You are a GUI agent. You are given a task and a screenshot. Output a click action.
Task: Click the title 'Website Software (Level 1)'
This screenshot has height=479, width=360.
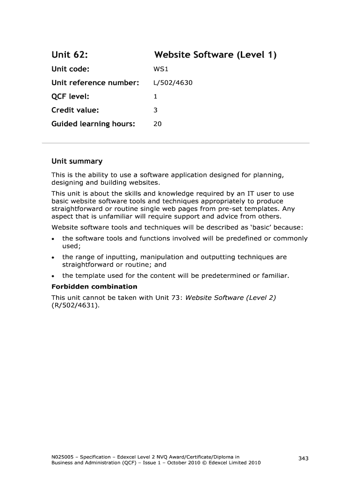tap(215, 55)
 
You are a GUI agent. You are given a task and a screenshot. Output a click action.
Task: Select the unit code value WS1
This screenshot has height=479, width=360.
tap(160, 70)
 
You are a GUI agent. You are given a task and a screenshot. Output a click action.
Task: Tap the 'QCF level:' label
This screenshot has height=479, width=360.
tap(70, 97)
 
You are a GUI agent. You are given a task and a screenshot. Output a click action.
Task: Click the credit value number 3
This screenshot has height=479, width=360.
tap(156, 110)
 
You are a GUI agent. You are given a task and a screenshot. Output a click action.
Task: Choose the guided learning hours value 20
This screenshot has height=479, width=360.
tap(158, 124)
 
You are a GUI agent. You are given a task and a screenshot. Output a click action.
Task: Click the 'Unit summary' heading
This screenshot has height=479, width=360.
tap(77, 161)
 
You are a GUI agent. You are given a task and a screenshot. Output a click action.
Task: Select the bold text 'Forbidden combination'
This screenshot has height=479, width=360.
tap(94, 286)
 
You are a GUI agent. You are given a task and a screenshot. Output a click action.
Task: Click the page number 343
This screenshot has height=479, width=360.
tap(303, 458)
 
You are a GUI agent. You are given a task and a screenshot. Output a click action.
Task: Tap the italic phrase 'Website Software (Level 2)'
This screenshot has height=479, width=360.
tap(230, 298)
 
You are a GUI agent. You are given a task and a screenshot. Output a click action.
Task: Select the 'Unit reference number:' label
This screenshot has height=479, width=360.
tap(95, 83)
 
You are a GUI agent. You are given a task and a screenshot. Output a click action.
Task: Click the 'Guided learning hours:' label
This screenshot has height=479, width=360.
tap(93, 124)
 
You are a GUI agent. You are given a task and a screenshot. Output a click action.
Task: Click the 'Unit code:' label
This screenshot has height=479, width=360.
tap(70, 70)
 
